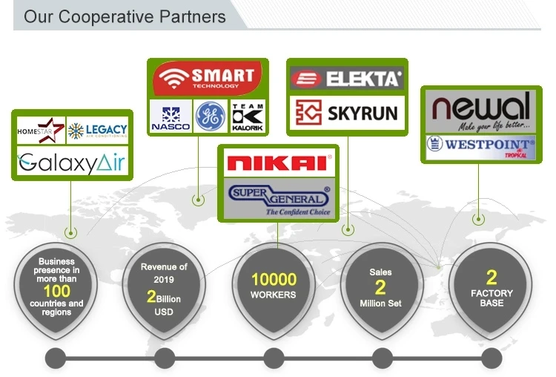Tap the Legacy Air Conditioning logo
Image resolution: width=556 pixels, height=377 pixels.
(97, 131)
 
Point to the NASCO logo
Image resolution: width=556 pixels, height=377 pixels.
(170, 117)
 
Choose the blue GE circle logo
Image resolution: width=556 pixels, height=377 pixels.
(210, 117)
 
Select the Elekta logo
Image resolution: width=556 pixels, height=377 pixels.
(346, 77)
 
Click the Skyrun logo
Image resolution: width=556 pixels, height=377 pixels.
(346, 114)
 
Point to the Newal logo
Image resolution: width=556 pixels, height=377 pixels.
(482, 108)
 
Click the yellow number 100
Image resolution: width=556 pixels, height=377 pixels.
(56, 290)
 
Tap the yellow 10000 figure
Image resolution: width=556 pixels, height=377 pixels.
(273, 280)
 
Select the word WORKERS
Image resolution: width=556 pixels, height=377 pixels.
(273, 295)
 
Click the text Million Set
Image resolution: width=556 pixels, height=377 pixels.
(380, 304)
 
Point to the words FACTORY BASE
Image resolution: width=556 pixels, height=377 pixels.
(491, 298)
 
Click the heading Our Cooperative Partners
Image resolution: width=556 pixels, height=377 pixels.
(125, 16)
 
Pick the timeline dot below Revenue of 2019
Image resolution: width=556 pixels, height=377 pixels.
(165, 358)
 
